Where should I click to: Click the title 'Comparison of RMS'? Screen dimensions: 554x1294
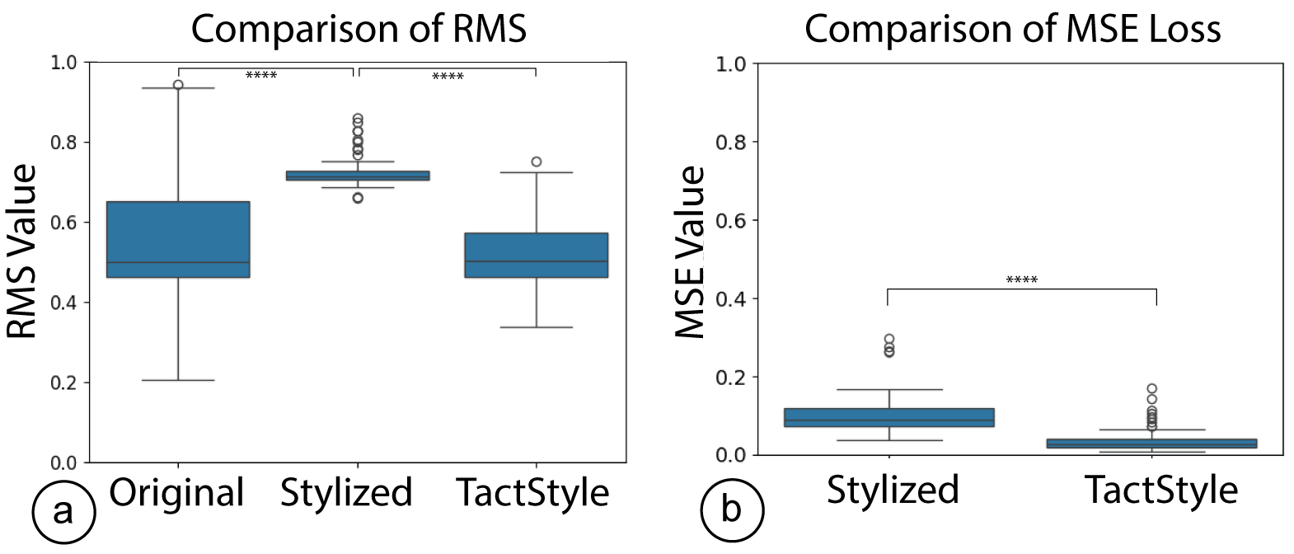coord(359,29)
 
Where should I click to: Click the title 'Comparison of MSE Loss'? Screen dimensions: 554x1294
coord(1012,29)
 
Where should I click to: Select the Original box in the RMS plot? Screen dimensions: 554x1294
coord(178,239)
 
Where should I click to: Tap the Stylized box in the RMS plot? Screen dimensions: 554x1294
coord(358,175)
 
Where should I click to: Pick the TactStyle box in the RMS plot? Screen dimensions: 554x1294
coord(537,255)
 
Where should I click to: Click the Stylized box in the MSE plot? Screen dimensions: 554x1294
coord(889,417)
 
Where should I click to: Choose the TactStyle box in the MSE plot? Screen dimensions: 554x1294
coord(1151,444)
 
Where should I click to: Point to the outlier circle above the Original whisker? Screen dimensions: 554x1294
coord(178,84)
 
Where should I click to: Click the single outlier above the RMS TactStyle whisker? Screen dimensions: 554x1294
coord(537,162)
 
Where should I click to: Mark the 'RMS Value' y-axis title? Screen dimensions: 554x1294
coord(23,251)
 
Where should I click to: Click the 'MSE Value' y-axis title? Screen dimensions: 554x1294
coord(691,251)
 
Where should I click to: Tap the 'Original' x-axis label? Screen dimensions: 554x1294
coord(176,493)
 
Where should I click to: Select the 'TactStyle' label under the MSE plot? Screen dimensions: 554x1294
coord(1160,490)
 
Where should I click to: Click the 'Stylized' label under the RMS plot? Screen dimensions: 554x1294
coord(346,493)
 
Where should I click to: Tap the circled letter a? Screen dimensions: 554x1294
coord(63,512)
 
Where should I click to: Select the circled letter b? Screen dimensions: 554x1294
coord(732,510)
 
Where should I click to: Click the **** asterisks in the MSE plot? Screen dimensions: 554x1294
coord(1021,280)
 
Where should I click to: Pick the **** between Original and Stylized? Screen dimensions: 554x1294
coord(261,76)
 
